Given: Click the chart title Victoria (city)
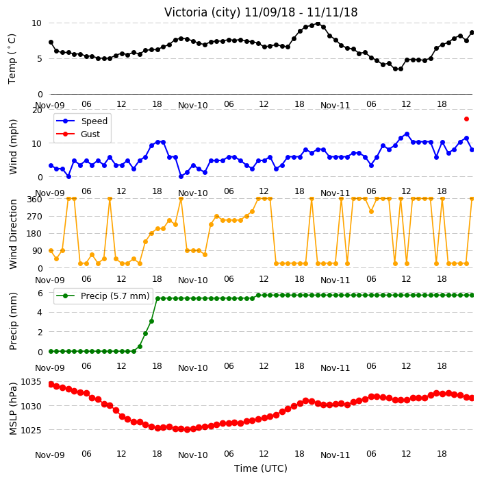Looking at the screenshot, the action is [202, 12].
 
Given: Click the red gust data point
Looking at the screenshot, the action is [466, 119].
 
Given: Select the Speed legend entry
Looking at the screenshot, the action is [82, 121].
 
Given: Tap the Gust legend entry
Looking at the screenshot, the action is [78, 134].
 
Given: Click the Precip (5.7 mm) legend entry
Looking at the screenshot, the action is [103, 296].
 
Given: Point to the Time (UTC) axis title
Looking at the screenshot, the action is [261, 468].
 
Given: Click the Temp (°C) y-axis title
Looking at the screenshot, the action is [12, 59].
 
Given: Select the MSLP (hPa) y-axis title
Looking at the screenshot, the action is [13, 409].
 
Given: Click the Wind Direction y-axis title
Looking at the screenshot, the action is [13, 234].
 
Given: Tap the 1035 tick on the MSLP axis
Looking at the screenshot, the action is [31, 382].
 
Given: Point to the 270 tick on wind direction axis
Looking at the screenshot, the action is [34, 217].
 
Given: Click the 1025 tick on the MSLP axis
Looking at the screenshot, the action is [31, 430].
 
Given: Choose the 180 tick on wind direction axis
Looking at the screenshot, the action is [34, 234].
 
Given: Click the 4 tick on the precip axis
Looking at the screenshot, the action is [40, 313].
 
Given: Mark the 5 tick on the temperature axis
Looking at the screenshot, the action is [40, 59].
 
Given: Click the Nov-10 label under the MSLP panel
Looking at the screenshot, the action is [193, 455].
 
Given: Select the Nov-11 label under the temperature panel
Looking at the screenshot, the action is [335, 106].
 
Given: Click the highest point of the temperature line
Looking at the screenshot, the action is [318, 24].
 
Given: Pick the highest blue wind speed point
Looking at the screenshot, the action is [407, 134].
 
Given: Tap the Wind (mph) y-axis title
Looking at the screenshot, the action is [13, 147].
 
